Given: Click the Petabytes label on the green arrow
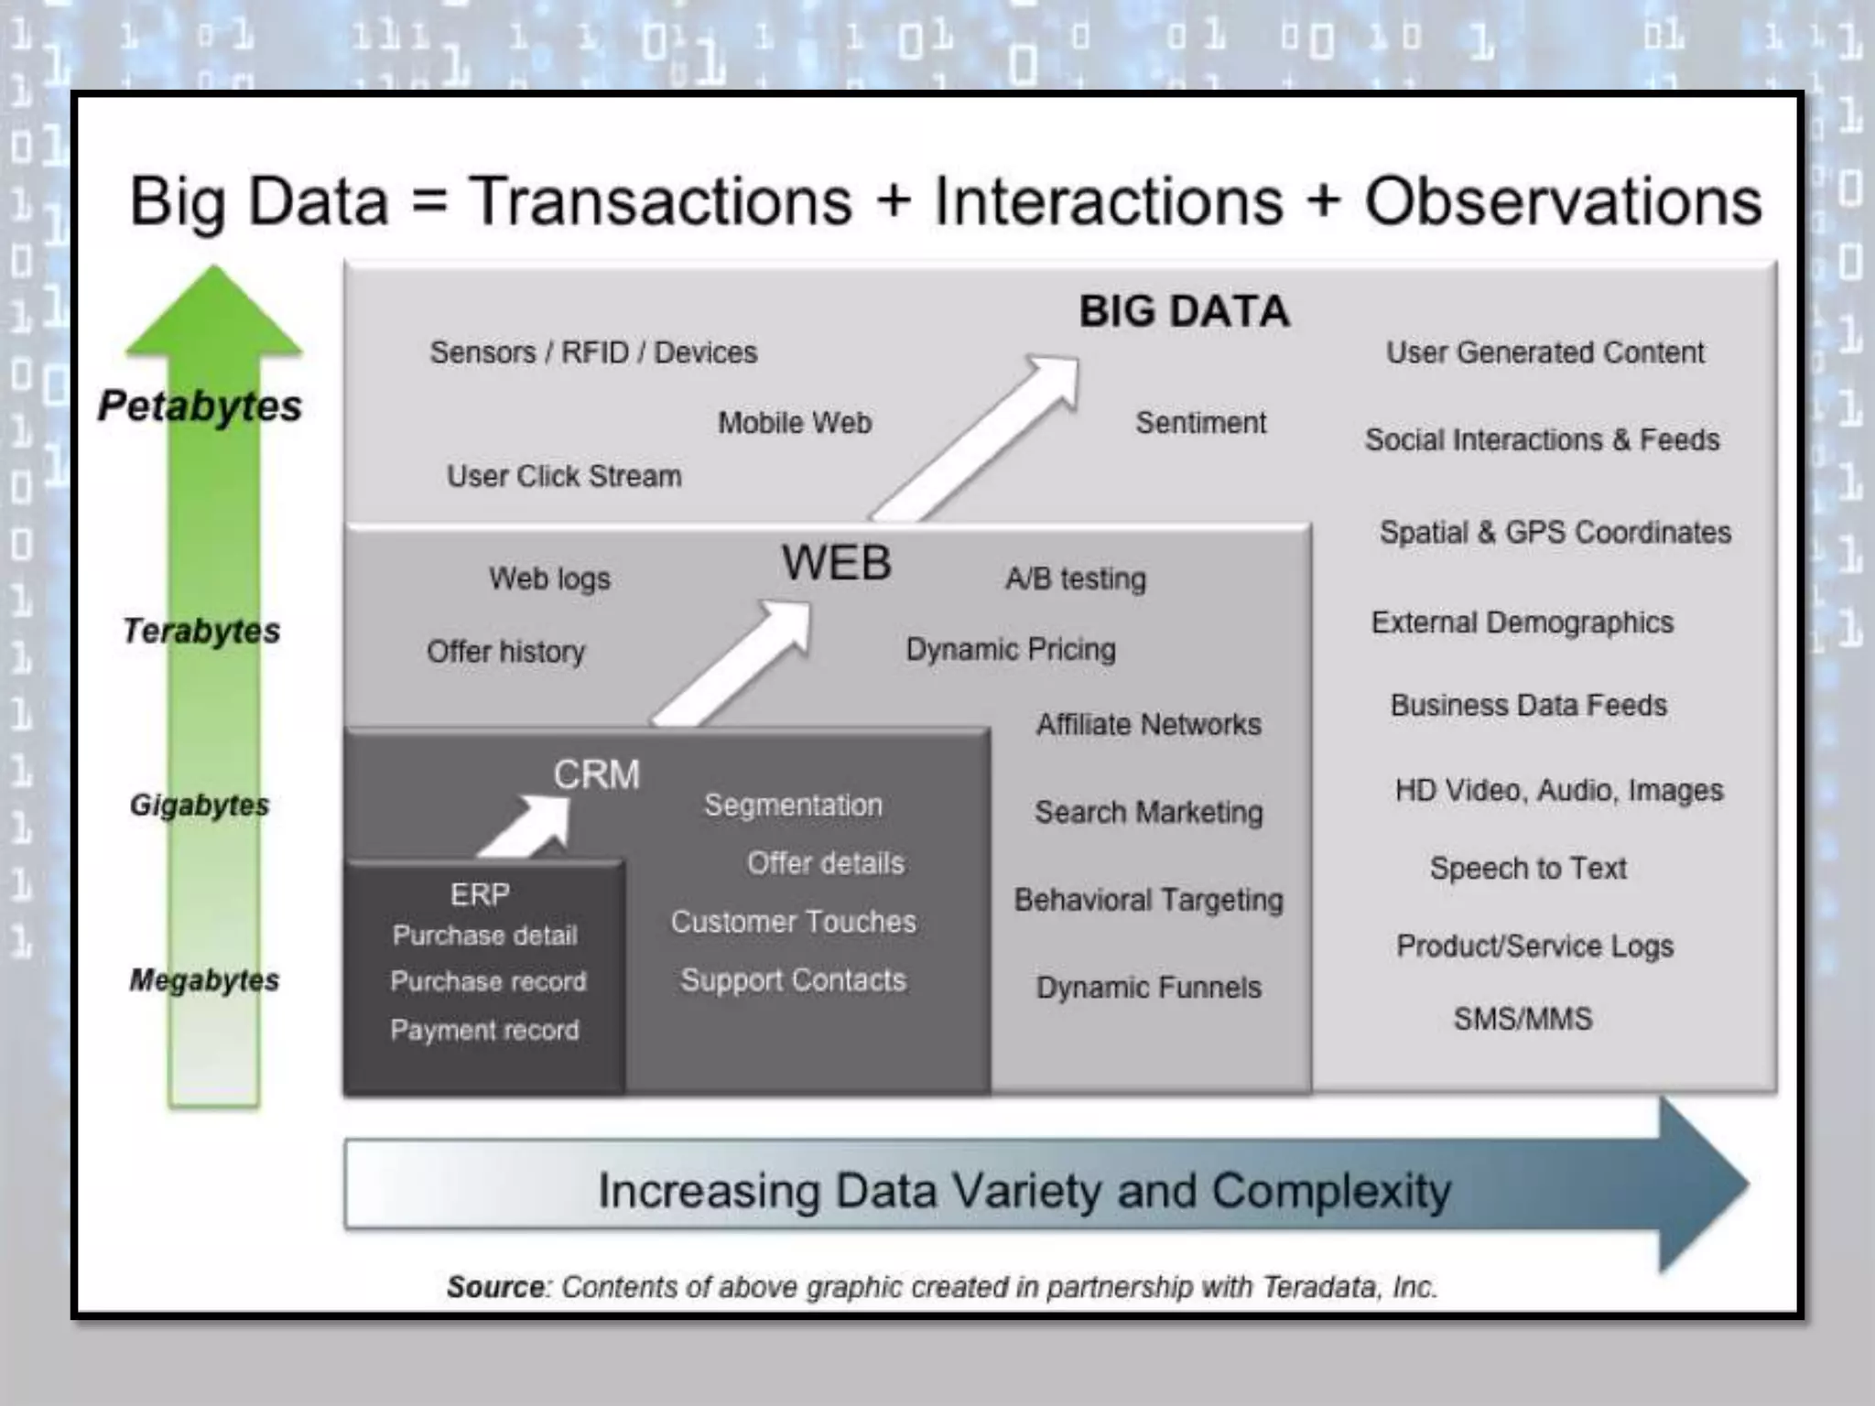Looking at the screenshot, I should [x=200, y=406].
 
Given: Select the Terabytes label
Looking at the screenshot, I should [x=201, y=631].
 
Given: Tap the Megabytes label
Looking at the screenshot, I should [x=204, y=979].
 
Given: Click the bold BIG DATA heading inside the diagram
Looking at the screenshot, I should [x=1184, y=311].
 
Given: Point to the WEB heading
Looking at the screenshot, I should [x=836, y=562].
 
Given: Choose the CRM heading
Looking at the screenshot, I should [x=596, y=774].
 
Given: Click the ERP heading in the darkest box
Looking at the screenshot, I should [x=480, y=893].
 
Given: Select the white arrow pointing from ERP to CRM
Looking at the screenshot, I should [x=527, y=826].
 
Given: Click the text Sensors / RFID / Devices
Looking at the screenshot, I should [x=593, y=352].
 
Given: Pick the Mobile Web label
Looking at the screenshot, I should [x=795, y=423].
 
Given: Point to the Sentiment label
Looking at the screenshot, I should [x=1200, y=423].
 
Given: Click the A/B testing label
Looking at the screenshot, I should [x=1076, y=579].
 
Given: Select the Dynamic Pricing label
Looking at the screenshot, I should [x=1011, y=649].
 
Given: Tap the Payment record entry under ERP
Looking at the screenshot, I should [x=484, y=1030].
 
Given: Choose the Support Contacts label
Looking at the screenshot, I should [x=793, y=979].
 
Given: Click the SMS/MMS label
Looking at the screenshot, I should [x=1523, y=1018].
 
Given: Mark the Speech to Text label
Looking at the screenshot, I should [x=1528, y=868].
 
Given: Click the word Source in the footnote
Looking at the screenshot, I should [x=495, y=1287].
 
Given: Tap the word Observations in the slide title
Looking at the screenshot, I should [x=1563, y=201].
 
